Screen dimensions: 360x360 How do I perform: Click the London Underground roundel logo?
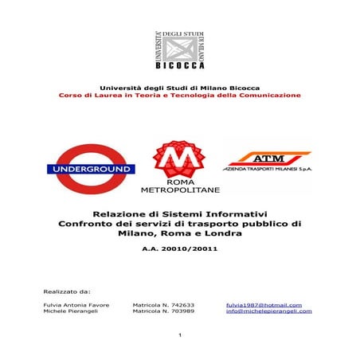[89, 168]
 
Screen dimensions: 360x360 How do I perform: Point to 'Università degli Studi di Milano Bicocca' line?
[179, 86]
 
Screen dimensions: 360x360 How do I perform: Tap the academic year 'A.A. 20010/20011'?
[179, 249]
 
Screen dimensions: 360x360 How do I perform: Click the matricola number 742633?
[169, 304]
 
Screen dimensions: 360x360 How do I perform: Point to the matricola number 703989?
[169, 311]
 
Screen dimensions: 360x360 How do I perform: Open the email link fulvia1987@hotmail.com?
[264, 304]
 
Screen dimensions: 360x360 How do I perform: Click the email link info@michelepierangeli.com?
[269, 311]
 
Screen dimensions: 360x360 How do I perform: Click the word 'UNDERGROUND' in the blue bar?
[89, 169]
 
